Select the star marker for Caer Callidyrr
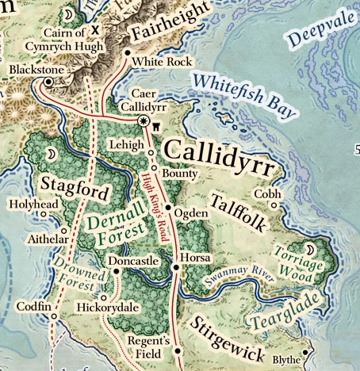tap(144, 120)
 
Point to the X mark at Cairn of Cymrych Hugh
tap(96, 28)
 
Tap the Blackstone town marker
tap(49, 82)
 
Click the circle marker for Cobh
tap(274, 205)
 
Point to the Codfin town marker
tap(54, 316)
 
